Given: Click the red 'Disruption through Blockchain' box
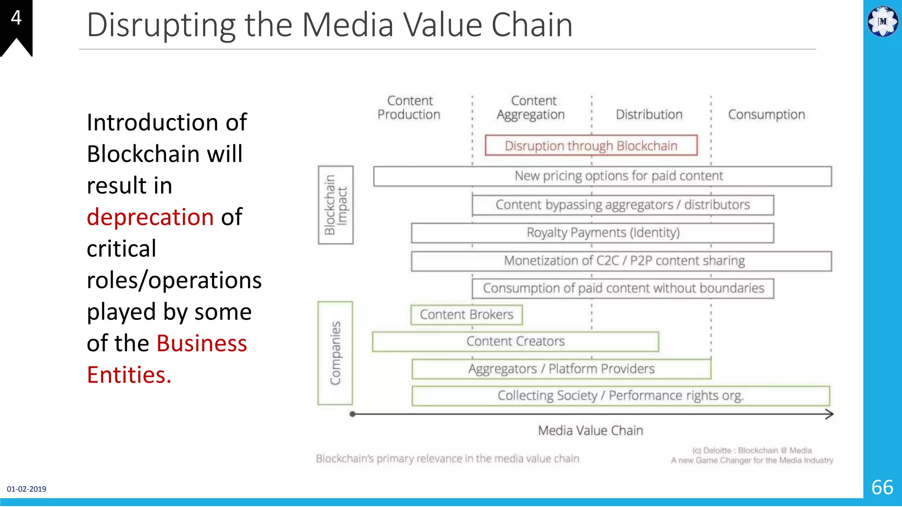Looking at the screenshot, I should pos(591,145).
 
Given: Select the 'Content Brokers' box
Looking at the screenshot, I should pos(466,315).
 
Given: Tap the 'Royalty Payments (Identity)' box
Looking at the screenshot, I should pos(592,233).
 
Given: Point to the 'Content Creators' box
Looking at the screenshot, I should pos(515,342).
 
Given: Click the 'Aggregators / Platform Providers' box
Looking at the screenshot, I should pos(561,369).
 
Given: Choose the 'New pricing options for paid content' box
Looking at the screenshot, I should pos(603,176).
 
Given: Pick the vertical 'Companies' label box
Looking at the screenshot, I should pos(335,353).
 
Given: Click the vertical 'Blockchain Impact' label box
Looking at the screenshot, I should pos(336,205).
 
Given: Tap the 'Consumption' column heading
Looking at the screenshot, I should pos(766,114).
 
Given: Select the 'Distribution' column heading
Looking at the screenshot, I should pos(649,114).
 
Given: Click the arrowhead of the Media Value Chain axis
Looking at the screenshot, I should pos(829,414).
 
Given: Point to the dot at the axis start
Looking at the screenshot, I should pos(352,414).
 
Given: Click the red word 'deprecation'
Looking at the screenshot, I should pos(150,217).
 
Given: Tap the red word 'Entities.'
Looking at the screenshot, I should pos(129,375).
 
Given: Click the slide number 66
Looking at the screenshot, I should pos(882,487).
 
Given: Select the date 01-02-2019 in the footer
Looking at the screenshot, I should pos(26,489).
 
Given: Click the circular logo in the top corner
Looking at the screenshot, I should pos(883,21).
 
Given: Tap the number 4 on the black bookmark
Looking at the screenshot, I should pos(16,18).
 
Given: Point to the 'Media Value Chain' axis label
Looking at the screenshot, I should pos(590,430).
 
